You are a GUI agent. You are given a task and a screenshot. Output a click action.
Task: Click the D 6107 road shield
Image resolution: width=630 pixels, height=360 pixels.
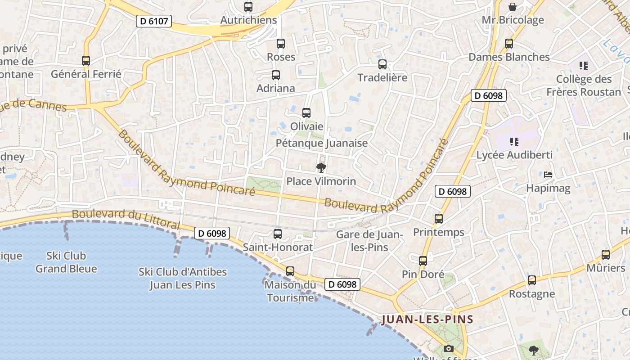click(154, 21)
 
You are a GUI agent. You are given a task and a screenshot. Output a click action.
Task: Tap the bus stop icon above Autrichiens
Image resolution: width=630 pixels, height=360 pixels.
click(248, 7)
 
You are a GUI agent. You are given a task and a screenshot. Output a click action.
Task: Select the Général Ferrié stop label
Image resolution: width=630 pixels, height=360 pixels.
click(86, 74)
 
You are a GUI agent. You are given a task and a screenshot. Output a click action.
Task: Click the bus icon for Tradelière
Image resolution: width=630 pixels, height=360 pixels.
click(382, 64)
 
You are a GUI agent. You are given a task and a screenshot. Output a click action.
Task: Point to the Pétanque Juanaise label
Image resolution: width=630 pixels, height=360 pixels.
click(322, 143)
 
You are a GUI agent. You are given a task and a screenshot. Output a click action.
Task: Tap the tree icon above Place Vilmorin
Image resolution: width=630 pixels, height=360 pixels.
click(321, 168)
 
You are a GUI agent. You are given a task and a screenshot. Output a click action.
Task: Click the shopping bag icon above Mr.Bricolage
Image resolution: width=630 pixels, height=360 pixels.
click(513, 7)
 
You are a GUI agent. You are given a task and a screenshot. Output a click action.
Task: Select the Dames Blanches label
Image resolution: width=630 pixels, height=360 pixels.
click(509, 57)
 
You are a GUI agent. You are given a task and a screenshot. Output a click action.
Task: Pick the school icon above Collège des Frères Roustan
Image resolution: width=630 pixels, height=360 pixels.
click(584, 66)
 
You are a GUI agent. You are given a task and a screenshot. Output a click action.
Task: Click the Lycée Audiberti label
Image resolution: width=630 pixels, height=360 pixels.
click(514, 155)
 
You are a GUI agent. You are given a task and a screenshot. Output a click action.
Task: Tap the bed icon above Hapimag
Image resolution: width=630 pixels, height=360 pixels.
click(548, 175)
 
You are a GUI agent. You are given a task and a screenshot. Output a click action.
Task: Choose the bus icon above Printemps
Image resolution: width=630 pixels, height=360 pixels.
click(439, 219)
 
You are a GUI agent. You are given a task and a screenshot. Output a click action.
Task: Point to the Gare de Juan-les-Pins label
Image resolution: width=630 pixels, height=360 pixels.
click(369, 241)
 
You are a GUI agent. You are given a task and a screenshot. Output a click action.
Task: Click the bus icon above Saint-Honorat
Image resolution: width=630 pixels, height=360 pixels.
click(278, 234)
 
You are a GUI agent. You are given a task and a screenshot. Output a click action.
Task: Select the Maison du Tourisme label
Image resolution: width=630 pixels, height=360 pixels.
click(290, 291)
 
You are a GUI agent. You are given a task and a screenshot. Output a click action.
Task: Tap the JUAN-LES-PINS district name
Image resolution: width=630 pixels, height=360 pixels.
click(427, 320)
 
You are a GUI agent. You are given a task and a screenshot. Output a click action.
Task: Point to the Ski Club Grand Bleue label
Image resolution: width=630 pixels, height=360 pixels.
click(66, 262)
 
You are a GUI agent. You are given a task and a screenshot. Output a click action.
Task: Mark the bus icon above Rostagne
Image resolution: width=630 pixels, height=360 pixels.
click(532, 280)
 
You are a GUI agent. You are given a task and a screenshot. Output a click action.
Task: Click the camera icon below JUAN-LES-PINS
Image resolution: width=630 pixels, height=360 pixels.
click(448, 348)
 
